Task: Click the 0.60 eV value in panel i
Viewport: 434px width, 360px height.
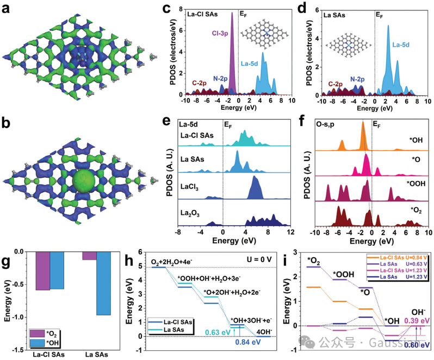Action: pos(417,344)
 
